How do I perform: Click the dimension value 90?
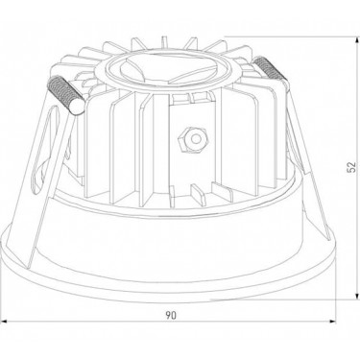click(x=171, y=316)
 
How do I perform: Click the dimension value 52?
click(x=351, y=167)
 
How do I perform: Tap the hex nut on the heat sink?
click(x=193, y=140)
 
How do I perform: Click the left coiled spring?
click(x=65, y=95)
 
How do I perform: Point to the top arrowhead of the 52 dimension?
click(x=356, y=40)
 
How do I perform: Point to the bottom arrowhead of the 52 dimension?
click(x=356, y=297)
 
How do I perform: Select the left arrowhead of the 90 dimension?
click(x=4, y=321)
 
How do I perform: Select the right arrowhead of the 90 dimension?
click(x=332, y=321)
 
